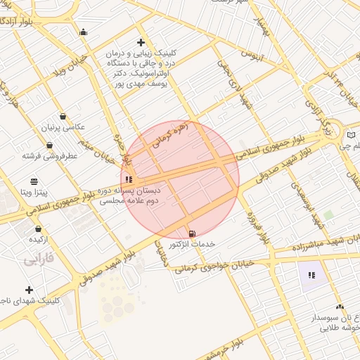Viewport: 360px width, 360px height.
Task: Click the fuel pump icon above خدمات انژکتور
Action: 192,233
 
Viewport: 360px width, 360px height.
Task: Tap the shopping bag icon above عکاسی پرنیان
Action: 63,117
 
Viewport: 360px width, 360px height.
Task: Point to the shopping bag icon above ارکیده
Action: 38,229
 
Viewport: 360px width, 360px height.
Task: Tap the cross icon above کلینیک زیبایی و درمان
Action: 141,42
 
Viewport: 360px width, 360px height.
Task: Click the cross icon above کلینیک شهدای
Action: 29,290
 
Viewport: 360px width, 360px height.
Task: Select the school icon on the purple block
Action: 311,274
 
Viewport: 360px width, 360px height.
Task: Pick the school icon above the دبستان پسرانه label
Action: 128,180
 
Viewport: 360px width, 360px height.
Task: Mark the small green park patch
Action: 328,214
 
